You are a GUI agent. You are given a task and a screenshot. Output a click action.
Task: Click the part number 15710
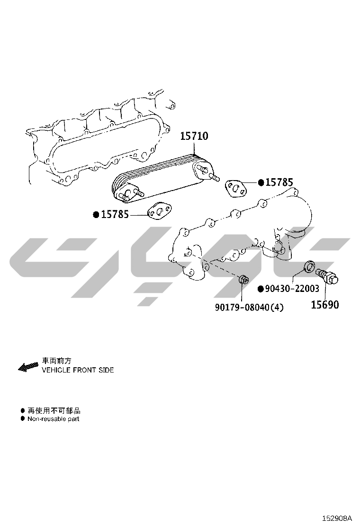pos(194,136)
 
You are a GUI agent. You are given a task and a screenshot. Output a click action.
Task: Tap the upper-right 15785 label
pos(279,182)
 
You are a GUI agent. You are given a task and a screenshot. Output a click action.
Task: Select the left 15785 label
pos(115,214)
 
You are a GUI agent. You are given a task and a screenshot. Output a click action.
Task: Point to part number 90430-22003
pos(292,288)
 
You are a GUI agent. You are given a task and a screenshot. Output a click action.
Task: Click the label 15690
pos(325,305)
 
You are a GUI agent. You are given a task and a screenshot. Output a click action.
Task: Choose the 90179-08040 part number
pos(242,307)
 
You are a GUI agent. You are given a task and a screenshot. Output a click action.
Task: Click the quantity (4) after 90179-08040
pos(277,307)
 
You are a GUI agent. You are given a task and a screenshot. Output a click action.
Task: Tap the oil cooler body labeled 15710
pos(164,179)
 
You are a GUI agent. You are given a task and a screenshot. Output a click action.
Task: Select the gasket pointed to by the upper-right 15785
pos(236,188)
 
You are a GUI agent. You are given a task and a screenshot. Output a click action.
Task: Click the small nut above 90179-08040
pos(243,279)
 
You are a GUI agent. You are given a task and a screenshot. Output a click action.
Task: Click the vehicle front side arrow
pos(28,367)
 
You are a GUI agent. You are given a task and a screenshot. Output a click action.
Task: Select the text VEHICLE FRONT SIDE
pos(78,370)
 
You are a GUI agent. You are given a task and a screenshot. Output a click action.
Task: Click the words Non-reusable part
pos(54,419)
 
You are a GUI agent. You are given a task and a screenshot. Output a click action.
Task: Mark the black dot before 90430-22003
pos(261,289)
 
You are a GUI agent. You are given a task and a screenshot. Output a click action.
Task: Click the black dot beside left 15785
pos(96,214)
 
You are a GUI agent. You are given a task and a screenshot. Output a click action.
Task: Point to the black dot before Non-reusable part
pos(23,419)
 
